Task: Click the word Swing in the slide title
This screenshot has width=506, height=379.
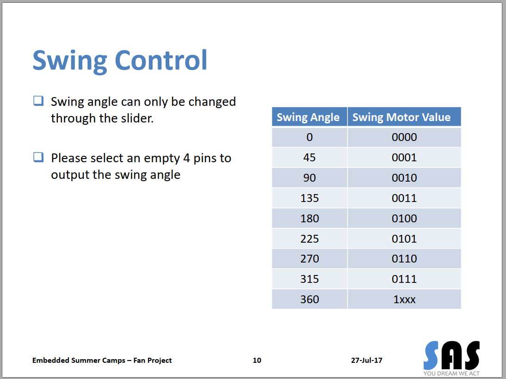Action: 70,61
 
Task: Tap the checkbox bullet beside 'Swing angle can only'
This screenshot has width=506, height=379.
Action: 38,101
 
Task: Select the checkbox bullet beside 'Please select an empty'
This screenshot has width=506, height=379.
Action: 38,158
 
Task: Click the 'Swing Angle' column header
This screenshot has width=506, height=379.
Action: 308,117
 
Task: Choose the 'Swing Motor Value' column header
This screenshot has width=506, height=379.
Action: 401,117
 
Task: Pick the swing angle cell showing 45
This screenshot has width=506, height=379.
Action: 309,158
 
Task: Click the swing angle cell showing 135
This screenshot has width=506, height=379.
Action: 309,198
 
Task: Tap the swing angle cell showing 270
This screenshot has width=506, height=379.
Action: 309,259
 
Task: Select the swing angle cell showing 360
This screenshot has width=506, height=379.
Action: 309,300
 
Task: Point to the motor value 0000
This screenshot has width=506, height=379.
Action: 404,137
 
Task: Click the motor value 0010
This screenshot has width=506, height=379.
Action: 404,178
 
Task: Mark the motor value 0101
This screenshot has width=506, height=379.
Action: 404,238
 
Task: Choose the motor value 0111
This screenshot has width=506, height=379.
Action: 404,279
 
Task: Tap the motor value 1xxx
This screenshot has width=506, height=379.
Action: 404,300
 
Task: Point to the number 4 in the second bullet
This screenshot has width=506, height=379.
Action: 186,158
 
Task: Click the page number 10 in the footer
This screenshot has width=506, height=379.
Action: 257,361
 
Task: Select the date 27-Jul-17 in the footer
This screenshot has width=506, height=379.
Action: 367,361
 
